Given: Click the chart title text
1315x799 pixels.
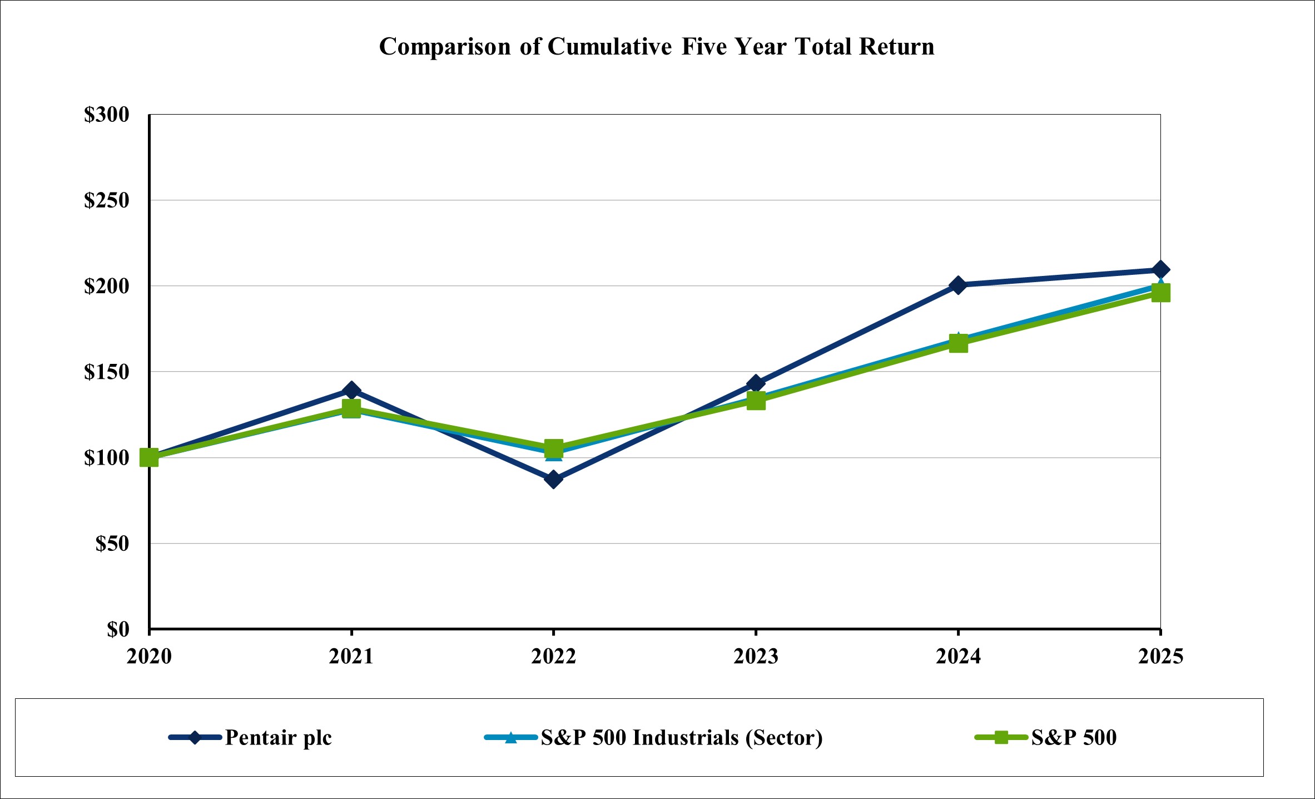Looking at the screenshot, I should (x=657, y=47).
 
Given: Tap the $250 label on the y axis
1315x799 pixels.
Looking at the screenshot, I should (x=106, y=200).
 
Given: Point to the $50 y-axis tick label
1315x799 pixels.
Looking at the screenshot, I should (x=112, y=544).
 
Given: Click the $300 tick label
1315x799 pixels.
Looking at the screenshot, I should (x=106, y=115).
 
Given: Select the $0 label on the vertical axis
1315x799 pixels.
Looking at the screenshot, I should (x=118, y=629).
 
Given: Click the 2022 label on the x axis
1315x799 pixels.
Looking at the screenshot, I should (x=553, y=657).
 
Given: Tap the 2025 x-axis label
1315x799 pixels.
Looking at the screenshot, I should (x=1160, y=657).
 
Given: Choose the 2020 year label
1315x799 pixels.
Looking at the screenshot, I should (x=149, y=657).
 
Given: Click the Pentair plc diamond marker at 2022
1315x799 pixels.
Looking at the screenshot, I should (x=553, y=479).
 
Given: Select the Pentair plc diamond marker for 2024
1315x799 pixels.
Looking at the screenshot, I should (x=958, y=285).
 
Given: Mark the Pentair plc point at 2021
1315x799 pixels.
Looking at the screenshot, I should (x=351, y=390).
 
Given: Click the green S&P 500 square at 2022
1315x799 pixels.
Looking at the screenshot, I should (x=553, y=447).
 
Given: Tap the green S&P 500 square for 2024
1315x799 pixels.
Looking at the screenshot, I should (x=958, y=344).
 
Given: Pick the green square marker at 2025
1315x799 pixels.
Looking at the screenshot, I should (x=1160, y=293).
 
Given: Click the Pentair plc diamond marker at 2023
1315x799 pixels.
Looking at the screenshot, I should (x=756, y=383).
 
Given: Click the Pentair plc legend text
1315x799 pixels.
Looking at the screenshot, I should (x=278, y=738).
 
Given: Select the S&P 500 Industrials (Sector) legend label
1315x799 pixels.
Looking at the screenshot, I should (x=682, y=738).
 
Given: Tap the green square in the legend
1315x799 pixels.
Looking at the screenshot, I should (x=1001, y=738).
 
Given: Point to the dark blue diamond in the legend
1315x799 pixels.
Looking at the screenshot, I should (x=195, y=738).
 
